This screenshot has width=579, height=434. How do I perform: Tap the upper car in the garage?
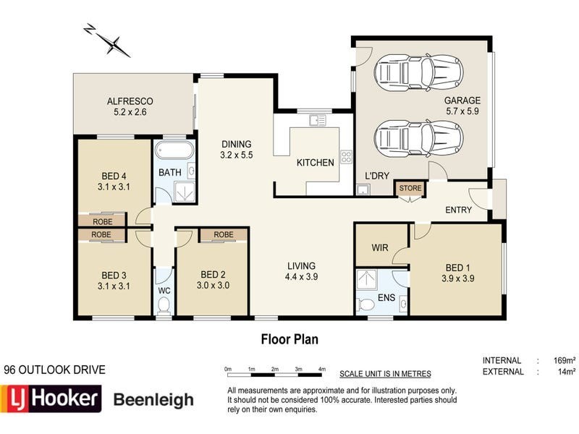418,72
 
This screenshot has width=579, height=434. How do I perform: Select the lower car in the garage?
418,137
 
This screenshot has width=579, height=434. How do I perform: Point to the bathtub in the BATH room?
174,150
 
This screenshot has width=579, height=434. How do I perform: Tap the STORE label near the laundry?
410,189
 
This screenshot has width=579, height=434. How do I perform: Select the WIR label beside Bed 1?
380,248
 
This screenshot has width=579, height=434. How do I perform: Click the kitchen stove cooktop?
346,157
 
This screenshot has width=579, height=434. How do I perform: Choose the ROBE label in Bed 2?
224,234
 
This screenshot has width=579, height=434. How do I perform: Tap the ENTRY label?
458,210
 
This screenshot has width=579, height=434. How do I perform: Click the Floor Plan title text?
289,339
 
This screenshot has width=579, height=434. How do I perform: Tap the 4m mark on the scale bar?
321,370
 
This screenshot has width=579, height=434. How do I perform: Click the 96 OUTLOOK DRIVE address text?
54,370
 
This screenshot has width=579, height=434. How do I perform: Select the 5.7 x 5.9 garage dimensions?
462,112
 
